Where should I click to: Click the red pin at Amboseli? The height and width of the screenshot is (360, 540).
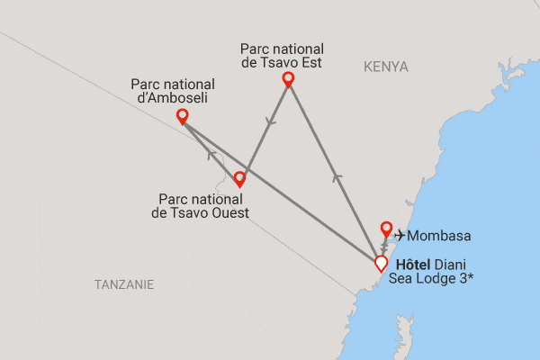183,116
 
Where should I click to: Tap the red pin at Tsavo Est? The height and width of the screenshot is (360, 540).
289,79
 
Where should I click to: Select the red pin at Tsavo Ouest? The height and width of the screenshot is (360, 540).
239,178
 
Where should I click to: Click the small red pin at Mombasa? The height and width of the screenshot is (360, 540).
386,228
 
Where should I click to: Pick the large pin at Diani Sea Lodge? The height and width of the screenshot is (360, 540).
381,263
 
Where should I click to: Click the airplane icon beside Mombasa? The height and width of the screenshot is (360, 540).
400,236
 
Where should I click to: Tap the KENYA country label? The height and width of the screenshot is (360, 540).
386,67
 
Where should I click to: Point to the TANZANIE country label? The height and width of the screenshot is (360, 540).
124,284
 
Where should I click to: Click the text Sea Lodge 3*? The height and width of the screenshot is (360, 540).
431,279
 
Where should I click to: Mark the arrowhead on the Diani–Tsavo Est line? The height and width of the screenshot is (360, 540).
337,177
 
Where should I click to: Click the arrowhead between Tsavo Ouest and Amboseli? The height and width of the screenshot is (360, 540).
211,155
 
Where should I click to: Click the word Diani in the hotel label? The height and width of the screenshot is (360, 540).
452,265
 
